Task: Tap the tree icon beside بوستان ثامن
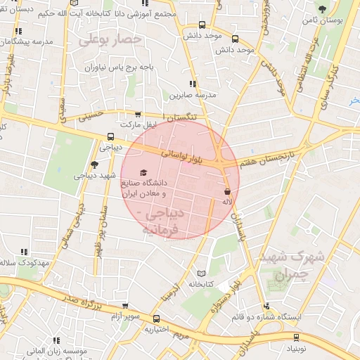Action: point(322,9)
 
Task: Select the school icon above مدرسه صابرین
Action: point(193,84)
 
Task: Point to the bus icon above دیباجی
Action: point(110,137)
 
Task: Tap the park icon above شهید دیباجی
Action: point(95,164)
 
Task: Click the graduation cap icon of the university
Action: point(143,172)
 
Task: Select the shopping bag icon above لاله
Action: point(226,191)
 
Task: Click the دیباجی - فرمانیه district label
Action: point(163,220)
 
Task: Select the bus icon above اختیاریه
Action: point(156,319)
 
